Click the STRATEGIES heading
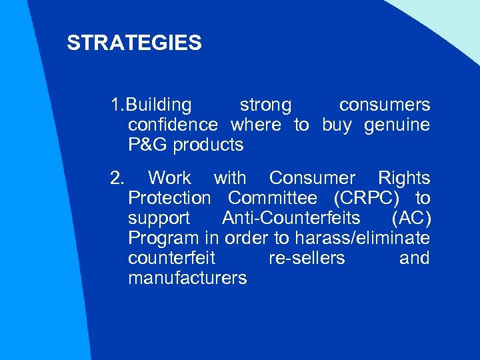134,43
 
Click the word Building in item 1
159,105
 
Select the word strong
265,105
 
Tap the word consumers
384,105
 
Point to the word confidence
173,125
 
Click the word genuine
397,125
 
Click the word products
208,145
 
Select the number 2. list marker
117,178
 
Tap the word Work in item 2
169,178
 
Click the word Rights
404,178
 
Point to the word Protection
169,198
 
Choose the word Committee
272,198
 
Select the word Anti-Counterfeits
291,218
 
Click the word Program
163,238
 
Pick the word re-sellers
307,258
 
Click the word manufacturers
187,278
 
